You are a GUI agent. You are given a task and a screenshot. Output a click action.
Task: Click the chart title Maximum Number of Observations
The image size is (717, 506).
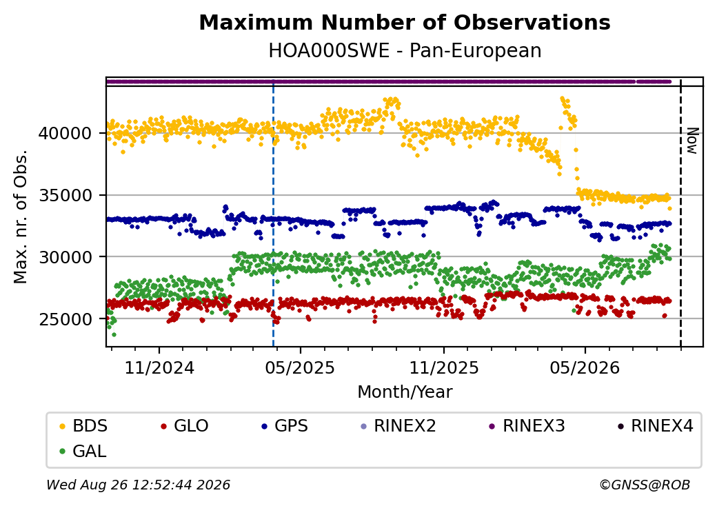coord(405,22)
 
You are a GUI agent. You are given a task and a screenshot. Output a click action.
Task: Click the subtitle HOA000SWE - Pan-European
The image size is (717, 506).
coord(405,50)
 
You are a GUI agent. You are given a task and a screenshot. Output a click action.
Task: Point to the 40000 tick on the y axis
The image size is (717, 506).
coord(65,134)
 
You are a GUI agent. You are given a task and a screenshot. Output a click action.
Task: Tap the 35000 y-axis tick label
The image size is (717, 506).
coord(65,196)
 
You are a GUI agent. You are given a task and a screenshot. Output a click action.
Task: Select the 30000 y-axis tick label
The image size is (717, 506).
coord(65,257)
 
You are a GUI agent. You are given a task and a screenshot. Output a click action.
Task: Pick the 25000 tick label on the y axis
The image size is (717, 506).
coord(65,319)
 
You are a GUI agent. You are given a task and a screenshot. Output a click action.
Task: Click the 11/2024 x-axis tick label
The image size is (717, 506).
coord(159,367)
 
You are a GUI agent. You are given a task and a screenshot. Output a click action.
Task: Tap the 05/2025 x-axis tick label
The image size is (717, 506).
coord(300,367)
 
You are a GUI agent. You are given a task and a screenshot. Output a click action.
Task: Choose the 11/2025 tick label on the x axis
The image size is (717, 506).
coord(443,367)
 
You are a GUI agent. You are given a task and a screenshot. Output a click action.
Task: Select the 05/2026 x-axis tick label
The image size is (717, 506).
coord(585,367)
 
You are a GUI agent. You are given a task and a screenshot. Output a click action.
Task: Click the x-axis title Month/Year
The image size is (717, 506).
coord(405,392)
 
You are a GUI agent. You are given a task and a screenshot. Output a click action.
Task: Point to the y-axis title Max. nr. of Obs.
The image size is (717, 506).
coord(21,216)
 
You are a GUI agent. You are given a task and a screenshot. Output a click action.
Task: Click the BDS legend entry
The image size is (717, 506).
coord(83,426)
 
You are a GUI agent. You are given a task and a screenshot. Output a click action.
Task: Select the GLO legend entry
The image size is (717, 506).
coord(185,426)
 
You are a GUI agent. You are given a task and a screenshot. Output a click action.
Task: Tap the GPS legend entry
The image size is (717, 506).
coord(285,426)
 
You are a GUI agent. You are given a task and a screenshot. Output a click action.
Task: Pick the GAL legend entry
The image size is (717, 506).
coord(83,451)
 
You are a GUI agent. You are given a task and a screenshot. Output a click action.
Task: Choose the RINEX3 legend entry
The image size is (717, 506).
coord(527,426)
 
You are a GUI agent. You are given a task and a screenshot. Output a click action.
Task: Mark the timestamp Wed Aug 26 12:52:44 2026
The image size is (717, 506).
coord(139,485)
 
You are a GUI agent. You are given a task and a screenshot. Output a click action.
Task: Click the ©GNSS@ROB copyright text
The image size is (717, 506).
coord(645,485)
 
